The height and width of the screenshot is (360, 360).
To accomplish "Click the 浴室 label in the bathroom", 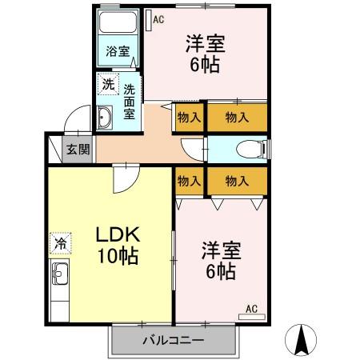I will [118, 52].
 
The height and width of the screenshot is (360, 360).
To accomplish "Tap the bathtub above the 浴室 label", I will [118, 25].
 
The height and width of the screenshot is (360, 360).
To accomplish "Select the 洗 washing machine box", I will [106, 83].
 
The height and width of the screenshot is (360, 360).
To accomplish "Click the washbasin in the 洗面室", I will [106, 118].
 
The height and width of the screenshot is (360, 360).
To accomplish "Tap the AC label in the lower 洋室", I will [250, 308].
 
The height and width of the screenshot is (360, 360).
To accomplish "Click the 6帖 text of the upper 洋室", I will [206, 64].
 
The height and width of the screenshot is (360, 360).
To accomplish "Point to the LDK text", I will [118, 234].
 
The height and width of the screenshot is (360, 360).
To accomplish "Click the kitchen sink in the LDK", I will [60, 280].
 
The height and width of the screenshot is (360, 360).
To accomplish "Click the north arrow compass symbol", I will [303, 340].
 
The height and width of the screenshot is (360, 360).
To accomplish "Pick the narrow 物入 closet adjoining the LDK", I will [189, 182].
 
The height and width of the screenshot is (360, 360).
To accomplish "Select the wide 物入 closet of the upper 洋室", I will [236, 117].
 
